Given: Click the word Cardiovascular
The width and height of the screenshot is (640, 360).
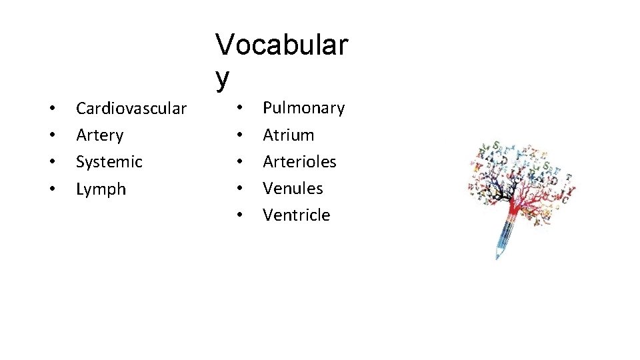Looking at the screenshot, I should coord(131,108).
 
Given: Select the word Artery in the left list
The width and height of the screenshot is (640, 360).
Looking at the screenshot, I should coord(100,135).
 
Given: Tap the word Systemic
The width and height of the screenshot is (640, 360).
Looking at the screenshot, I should coord(109,162).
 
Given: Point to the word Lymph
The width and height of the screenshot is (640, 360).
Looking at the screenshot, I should coord(101,189).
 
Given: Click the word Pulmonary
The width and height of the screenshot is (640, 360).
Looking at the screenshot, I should coord(303,108).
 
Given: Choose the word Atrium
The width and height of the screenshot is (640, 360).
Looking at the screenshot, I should coord(288,135).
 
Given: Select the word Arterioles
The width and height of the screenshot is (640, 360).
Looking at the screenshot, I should coord(299,162).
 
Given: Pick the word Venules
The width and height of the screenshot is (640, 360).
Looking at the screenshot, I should coord(293,189).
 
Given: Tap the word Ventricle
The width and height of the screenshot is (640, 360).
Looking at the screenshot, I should coord(296,215).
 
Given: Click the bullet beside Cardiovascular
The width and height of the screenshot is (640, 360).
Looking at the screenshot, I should coord(51,109).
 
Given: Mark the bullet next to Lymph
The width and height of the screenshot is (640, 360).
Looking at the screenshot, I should coord(51,190).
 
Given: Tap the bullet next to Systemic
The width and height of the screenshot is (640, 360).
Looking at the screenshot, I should coord(51,163).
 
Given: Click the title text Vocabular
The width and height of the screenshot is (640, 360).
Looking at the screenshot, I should coord(281,45).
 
